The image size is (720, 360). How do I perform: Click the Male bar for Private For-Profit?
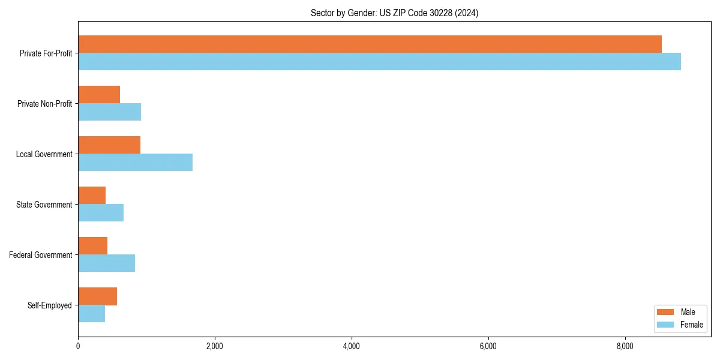[x=370, y=44]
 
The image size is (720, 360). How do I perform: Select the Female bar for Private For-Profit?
[x=379, y=61]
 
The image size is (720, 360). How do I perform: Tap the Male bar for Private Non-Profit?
[x=99, y=95]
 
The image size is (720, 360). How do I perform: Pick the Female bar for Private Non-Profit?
[x=109, y=112]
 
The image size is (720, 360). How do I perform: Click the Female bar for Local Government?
[x=135, y=162]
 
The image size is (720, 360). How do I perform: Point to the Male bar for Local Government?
[x=109, y=145]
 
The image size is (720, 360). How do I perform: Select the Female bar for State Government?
[x=101, y=212]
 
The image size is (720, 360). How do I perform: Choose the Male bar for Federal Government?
[x=92, y=246]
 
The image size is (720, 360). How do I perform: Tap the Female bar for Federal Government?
[x=106, y=263]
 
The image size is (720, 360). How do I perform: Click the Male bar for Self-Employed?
[x=97, y=296]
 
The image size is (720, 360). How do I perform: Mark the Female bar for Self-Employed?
[x=91, y=313]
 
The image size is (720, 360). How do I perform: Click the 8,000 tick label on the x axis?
[x=625, y=346]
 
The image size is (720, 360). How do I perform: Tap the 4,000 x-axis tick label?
[x=352, y=346]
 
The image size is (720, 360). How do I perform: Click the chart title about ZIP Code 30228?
[x=394, y=13]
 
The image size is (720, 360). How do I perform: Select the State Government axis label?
[x=44, y=205]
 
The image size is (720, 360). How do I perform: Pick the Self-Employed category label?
[x=49, y=305]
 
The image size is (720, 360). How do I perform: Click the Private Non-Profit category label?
[x=44, y=104]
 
